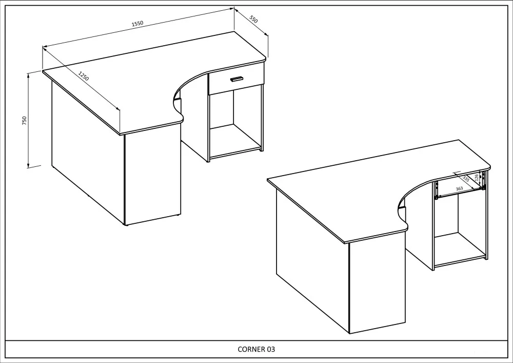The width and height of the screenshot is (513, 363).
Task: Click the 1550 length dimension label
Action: tap(137, 24)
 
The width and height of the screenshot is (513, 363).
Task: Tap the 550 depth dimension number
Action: tap(253, 19)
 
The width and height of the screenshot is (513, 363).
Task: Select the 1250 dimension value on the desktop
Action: tap(84, 76)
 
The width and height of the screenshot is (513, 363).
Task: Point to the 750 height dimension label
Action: tap(24, 121)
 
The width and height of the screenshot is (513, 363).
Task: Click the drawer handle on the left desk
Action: tap(236, 79)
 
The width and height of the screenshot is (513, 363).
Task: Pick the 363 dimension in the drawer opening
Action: tap(459, 188)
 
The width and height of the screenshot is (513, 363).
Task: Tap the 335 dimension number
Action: tap(466, 178)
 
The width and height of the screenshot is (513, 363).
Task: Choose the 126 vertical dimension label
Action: tap(477, 178)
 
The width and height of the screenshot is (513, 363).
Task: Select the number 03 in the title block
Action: tap(271, 349)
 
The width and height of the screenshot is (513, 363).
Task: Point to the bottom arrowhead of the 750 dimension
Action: tap(28, 166)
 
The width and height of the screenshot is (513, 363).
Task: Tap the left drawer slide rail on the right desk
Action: tap(436, 190)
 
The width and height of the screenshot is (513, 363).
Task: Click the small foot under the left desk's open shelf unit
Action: tap(261, 150)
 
